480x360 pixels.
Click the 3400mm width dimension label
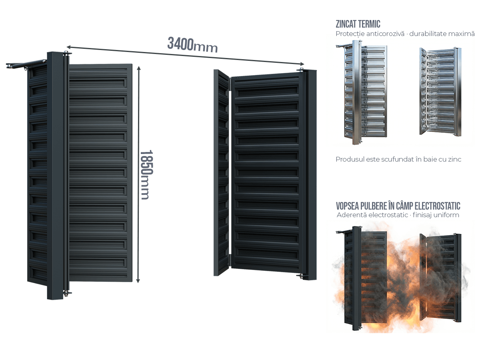tap(192, 45)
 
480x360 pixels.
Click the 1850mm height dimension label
tap(146, 175)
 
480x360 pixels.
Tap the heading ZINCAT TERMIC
tap(358, 24)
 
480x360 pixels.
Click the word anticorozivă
tap(385, 34)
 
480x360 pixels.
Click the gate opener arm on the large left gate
tap(26, 64)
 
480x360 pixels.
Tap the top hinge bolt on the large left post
tap(66, 53)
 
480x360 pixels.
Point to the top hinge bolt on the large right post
tap(301, 70)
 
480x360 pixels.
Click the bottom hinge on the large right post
tap(301, 276)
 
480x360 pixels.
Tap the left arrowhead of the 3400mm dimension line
tap(69, 47)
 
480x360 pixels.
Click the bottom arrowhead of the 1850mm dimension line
tap(138, 280)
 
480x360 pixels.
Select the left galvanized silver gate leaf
tap(361, 92)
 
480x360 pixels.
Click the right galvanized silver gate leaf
tap(440, 92)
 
